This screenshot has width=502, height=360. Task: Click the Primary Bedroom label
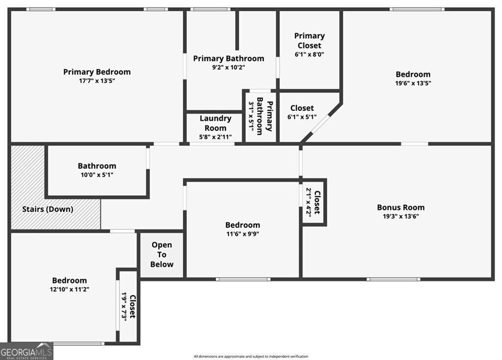coord(97,72)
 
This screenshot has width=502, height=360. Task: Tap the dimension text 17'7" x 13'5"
coord(97,81)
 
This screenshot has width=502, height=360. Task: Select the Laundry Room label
coord(216,123)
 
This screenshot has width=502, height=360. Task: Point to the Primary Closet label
coord(309,41)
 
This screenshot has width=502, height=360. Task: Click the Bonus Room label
coord(401,207)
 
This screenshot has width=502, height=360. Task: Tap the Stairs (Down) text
coord(48,209)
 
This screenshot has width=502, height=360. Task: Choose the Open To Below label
coord(162,255)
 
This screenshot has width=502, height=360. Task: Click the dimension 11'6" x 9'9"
coord(243,234)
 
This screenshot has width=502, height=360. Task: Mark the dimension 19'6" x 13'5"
coord(413,83)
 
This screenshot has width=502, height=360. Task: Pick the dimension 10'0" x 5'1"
coord(97,175)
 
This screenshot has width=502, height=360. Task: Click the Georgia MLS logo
coord(26,351)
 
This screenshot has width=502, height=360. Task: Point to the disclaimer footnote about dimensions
coord(251,356)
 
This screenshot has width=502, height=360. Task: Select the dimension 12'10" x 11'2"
coord(70,289)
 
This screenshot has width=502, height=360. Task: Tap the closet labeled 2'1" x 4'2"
coord(313,203)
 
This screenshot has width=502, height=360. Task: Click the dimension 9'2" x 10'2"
coord(228,67)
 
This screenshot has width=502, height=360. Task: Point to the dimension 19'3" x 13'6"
coord(401,216)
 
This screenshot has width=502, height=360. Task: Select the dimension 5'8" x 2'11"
coord(216,137)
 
